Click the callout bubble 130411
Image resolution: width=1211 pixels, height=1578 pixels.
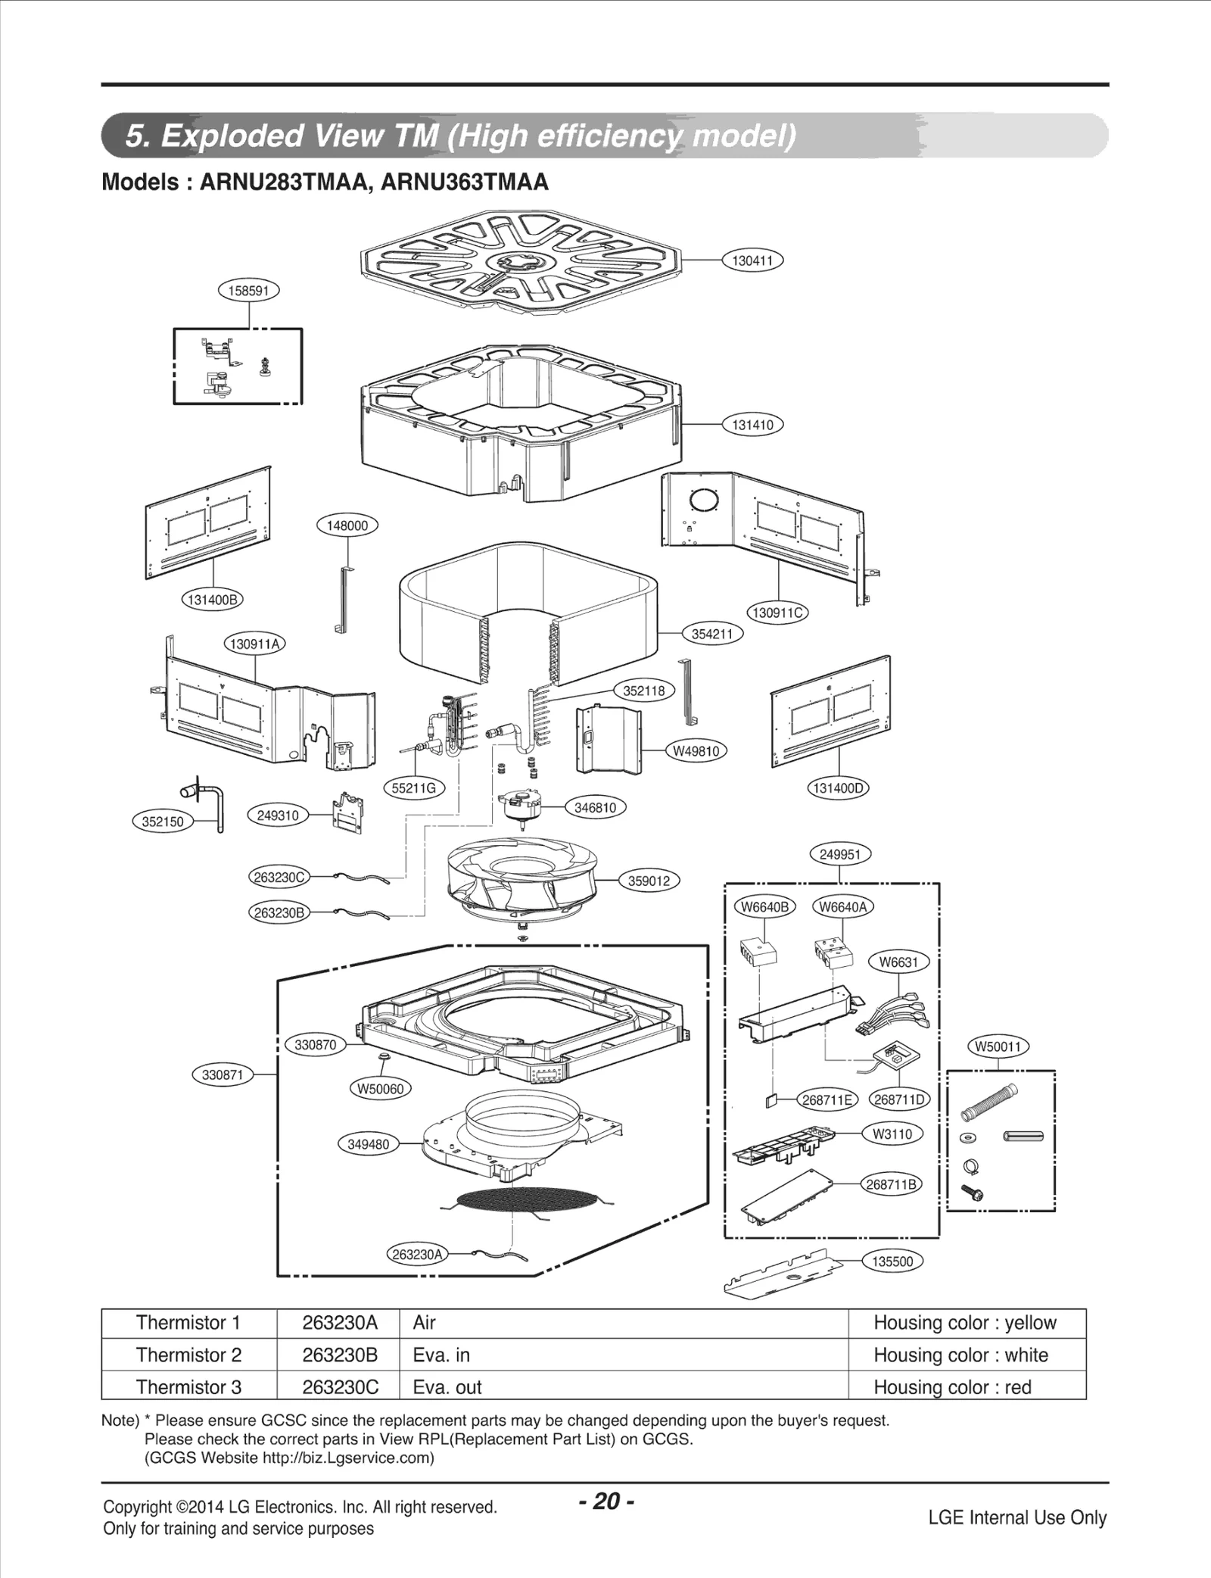[752, 260]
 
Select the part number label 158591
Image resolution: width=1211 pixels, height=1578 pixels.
[249, 291]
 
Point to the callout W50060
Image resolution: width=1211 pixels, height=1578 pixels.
[381, 1089]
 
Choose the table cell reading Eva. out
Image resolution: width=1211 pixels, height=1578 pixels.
[447, 1387]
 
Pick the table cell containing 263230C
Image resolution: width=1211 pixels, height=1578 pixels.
[339, 1387]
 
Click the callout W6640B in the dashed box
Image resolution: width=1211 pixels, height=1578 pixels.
[764, 907]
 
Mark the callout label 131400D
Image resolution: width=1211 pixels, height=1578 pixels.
[838, 787]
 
